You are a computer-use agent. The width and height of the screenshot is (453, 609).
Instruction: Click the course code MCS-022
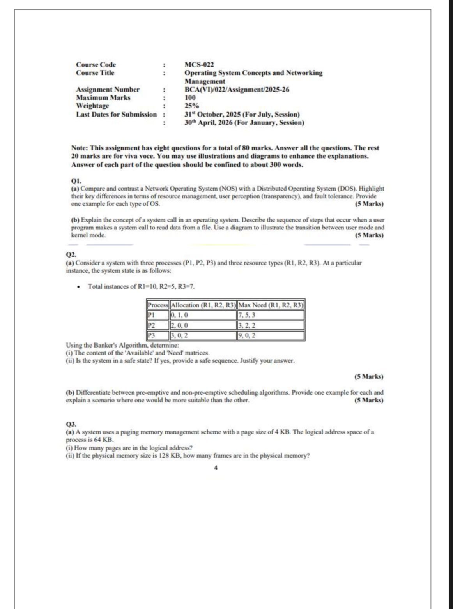tap(199, 65)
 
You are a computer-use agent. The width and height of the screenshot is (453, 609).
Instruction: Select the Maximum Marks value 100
tap(190, 98)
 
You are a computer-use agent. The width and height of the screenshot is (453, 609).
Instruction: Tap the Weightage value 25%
tap(191, 106)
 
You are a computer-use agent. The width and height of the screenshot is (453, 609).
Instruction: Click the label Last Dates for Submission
tap(116, 114)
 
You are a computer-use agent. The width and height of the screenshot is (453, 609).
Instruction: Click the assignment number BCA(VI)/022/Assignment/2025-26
tap(237, 90)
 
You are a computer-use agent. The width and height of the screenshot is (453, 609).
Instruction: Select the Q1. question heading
tap(76, 181)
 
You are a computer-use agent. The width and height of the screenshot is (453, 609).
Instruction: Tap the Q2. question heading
tap(71, 255)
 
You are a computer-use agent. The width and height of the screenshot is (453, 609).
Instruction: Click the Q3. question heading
tap(71, 424)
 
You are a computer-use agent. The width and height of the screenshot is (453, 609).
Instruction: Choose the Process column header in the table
tap(157, 305)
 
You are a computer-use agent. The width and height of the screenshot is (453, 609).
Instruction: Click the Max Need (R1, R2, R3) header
tap(271, 305)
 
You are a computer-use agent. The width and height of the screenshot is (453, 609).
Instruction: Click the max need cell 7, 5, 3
tap(247, 315)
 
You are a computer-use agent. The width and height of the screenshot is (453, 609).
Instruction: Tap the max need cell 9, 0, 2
tap(247, 335)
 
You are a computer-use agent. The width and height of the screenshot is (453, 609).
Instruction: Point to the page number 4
tap(216, 468)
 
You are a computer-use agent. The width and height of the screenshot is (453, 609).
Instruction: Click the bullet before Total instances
tap(79, 287)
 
